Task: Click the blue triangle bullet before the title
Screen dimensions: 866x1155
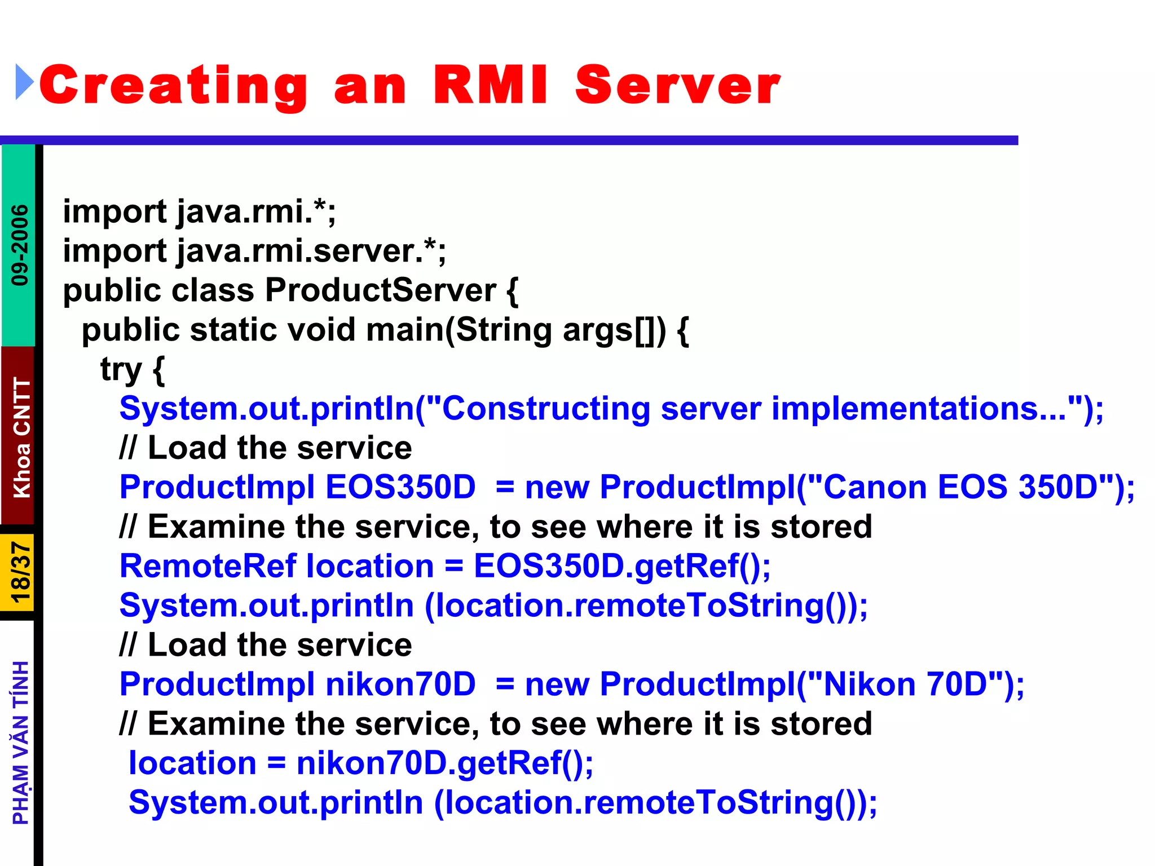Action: pos(24,82)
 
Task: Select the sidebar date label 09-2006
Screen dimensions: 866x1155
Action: pos(20,245)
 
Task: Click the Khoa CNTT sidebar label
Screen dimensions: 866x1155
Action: pos(21,438)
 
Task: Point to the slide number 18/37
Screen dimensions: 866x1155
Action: pos(20,572)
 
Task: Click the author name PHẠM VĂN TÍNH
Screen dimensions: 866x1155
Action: pos(21,743)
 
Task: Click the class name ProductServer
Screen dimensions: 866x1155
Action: pos(381,290)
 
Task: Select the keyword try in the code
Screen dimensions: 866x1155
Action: pos(121,370)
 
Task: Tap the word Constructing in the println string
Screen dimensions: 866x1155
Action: pos(545,409)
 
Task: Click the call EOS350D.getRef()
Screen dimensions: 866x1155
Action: pos(620,566)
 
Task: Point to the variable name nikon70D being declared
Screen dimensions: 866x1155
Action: pos(400,684)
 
